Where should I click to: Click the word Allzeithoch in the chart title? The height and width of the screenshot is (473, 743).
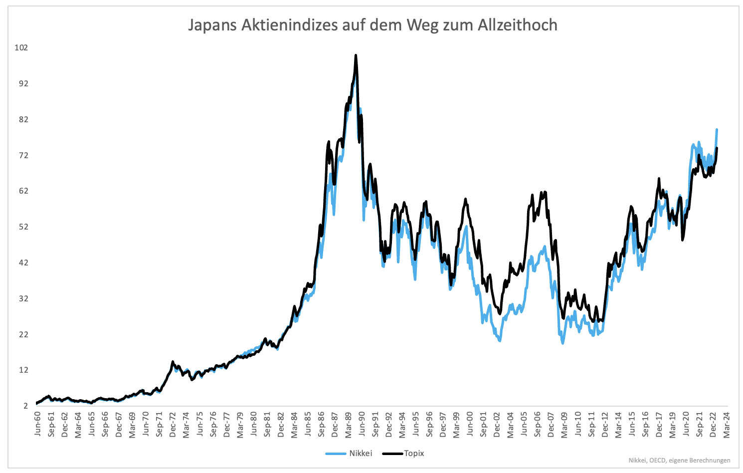517,25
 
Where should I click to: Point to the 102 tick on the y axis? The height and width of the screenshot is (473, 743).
21,48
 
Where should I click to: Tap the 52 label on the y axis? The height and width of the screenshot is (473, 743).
23,227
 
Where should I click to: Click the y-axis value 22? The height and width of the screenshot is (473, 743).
23,334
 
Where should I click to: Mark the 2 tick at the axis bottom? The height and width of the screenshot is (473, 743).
25,406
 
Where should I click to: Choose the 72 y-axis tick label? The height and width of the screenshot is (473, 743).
23,156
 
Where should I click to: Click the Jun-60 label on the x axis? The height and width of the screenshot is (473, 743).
38,425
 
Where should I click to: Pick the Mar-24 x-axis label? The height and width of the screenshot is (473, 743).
726,425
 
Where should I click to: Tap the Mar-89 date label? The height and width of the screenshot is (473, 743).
349,425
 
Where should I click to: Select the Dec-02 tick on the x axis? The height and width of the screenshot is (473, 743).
497,425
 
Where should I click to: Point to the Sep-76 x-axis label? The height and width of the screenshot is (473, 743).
213,425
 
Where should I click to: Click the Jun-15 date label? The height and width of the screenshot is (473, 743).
632,425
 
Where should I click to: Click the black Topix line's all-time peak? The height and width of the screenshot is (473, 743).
356,55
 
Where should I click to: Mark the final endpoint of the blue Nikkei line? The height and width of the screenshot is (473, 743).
717,130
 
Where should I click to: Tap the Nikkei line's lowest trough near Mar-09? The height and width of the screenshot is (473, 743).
563,343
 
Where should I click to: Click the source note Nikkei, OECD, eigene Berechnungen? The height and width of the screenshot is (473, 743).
679,461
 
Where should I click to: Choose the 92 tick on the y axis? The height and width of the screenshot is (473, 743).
23,84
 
